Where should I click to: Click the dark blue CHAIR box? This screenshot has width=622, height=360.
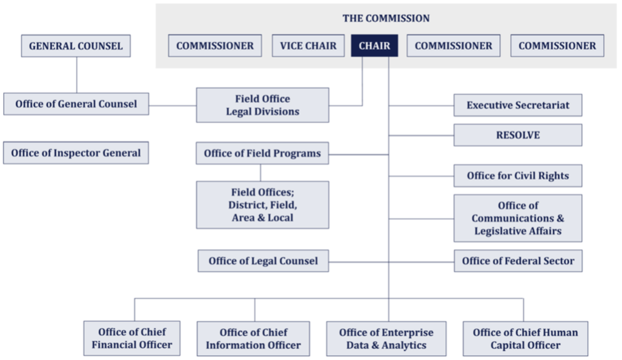coord(374,45)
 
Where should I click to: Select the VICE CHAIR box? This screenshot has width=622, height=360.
coord(308,45)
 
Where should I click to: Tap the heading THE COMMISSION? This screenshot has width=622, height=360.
coord(386,18)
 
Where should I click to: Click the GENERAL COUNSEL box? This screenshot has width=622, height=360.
coord(76,46)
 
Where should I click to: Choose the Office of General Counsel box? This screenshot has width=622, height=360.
coord(76,104)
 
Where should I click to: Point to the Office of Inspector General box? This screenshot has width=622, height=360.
coord(76,153)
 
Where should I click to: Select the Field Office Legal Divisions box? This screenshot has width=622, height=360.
coord(262,105)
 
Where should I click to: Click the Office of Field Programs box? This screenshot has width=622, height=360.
coord(262,153)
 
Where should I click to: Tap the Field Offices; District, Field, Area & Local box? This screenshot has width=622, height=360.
coord(262,204)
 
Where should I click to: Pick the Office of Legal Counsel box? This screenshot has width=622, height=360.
coord(263,261)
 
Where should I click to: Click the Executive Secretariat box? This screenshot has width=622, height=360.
coord(518,105)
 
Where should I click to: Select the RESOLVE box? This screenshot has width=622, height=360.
coord(518,135)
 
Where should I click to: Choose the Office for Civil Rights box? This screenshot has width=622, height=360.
coord(518,176)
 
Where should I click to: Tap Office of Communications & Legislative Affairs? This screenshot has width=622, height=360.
coord(518,218)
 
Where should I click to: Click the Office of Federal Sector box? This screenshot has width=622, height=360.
coord(518,261)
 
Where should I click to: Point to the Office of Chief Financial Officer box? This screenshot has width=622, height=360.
coord(131,338)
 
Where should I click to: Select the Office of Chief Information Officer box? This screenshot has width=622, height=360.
coord(253,338)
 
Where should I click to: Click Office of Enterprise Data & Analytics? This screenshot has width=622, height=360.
coord(386,338)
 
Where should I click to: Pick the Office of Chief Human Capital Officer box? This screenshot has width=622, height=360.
coord(525,338)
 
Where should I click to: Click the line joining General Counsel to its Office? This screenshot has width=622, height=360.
coord(76,75)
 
